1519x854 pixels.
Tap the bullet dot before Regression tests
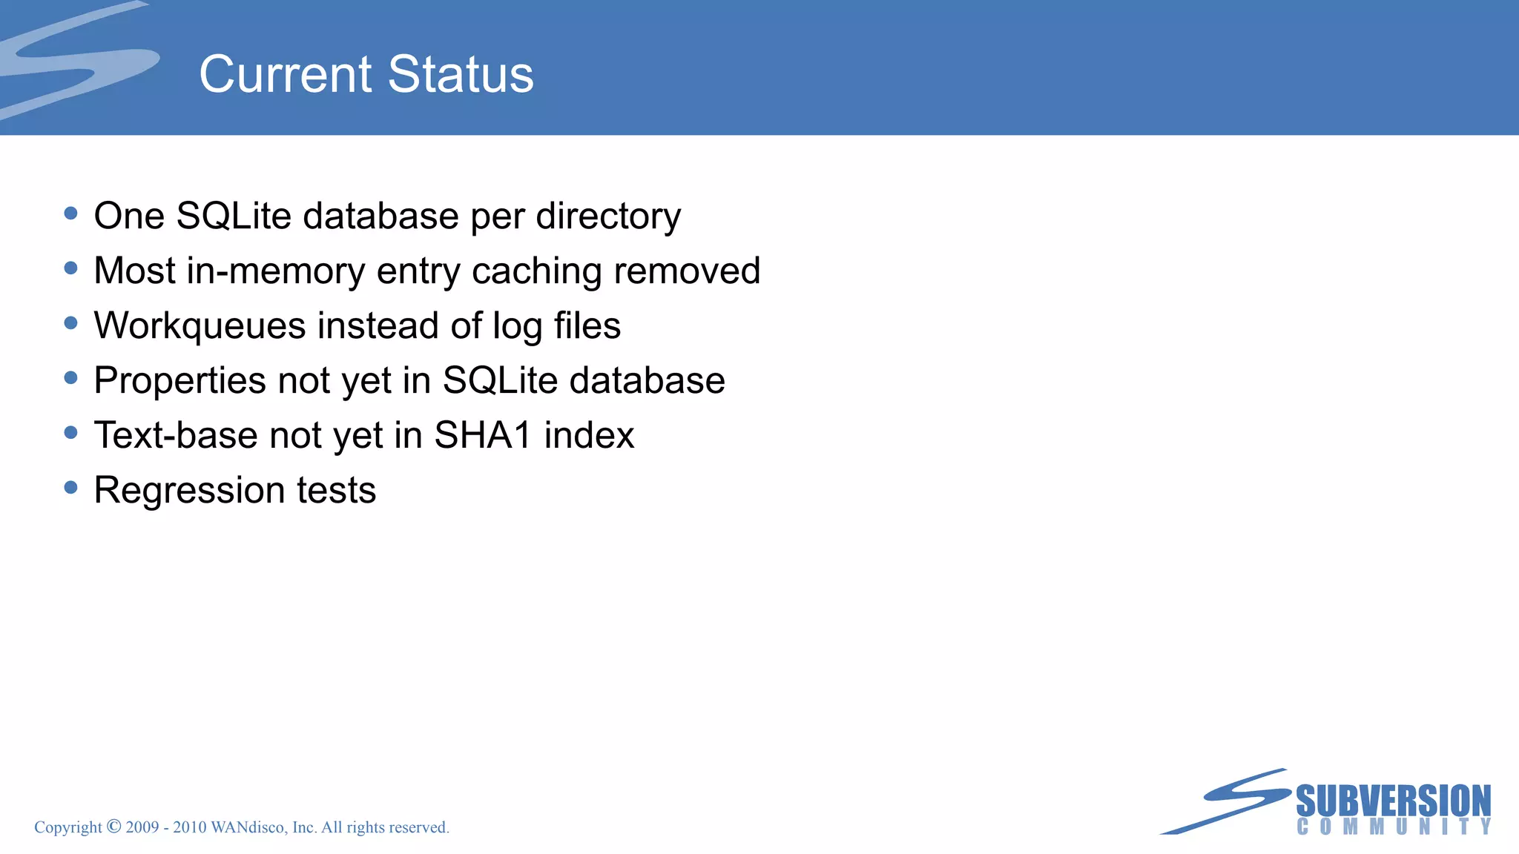coord(71,487)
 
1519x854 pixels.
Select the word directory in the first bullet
coord(608,217)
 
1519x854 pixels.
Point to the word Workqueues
coord(200,326)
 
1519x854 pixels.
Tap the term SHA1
coord(483,435)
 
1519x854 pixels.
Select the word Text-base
coord(176,435)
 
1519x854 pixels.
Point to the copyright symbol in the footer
coord(114,826)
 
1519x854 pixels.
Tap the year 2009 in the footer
coord(142,827)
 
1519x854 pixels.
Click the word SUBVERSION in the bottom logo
coord(1393,801)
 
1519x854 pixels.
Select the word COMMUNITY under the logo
coord(1394,827)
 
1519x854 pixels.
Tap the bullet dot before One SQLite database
coord(71,213)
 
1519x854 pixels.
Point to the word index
coord(589,435)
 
